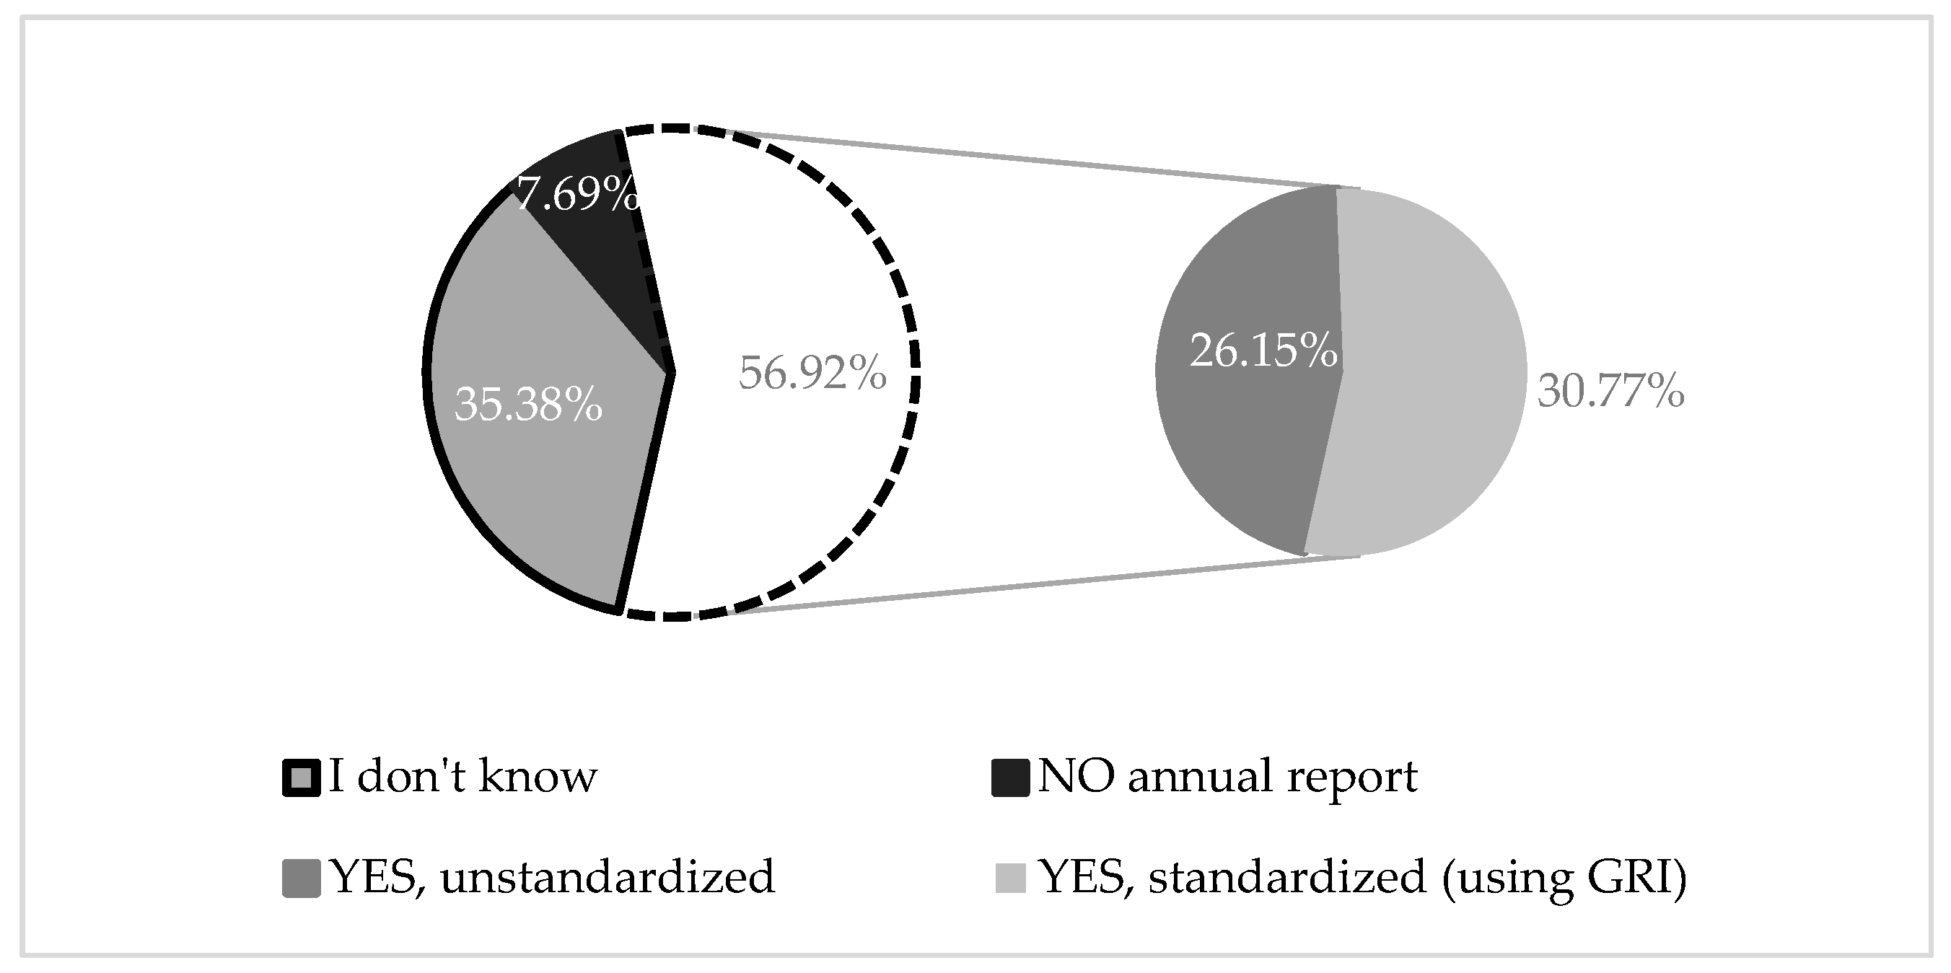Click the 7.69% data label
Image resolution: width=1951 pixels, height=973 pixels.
(x=578, y=195)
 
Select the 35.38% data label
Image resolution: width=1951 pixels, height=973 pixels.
(x=529, y=406)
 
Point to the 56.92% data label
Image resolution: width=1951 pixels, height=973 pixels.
(x=812, y=374)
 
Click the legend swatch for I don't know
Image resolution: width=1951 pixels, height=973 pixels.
(x=302, y=778)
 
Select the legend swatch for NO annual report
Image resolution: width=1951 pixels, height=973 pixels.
(x=1010, y=778)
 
